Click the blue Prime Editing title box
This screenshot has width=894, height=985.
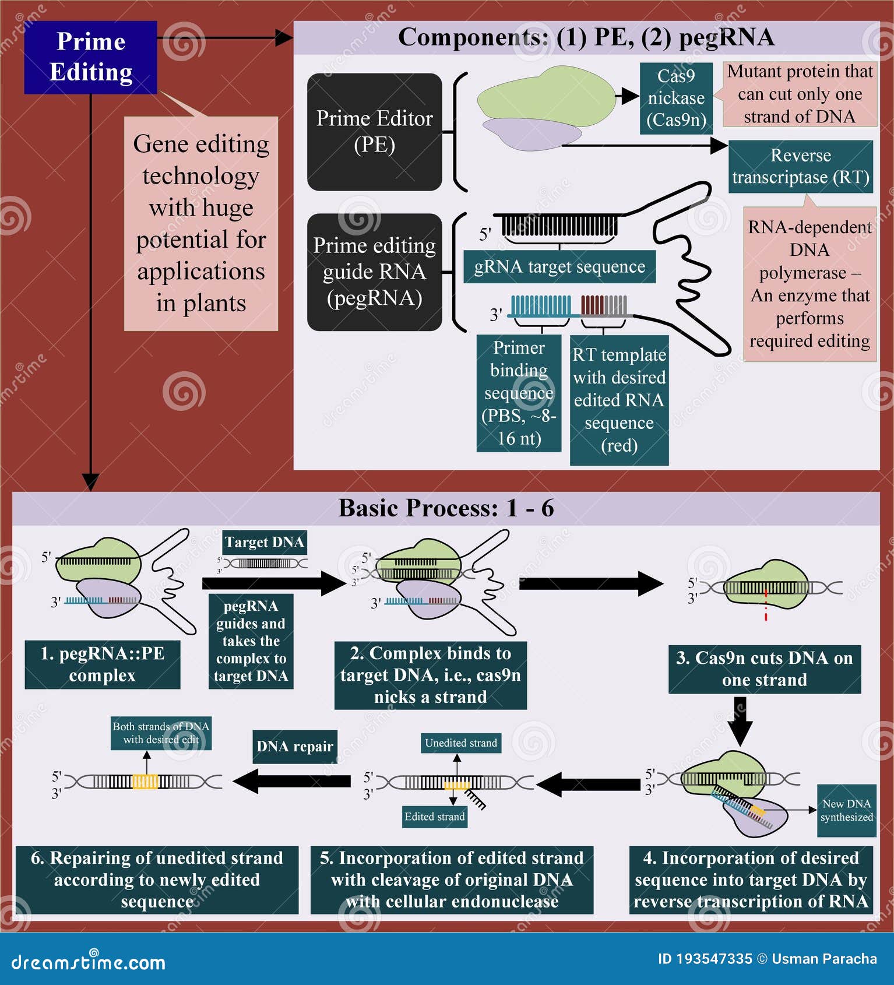point(90,57)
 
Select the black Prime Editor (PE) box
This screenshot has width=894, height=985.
point(374,132)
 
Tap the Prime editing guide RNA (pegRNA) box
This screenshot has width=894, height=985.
point(374,272)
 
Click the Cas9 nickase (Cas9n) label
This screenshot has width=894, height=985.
point(676,98)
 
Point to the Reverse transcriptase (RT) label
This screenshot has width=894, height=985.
point(800,166)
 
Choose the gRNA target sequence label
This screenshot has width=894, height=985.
point(559,267)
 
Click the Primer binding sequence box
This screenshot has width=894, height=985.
point(519,393)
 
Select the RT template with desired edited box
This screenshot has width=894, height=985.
point(619,400)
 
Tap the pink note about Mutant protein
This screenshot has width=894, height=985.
point(800,94)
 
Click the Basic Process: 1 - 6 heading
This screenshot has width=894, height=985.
point(446,508)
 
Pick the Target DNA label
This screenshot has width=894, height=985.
point(265,542)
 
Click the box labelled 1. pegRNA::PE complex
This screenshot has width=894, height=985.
point(102,664)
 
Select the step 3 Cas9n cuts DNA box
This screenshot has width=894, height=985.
point(764,669)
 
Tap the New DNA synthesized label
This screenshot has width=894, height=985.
point(846,810)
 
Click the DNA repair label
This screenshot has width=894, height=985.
point(295,747)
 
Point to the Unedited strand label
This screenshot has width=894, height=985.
point(460,743)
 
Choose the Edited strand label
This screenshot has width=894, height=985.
point(435,817)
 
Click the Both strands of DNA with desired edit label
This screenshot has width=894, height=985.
point(161,733)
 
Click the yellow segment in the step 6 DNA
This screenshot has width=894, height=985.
point(145,782)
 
